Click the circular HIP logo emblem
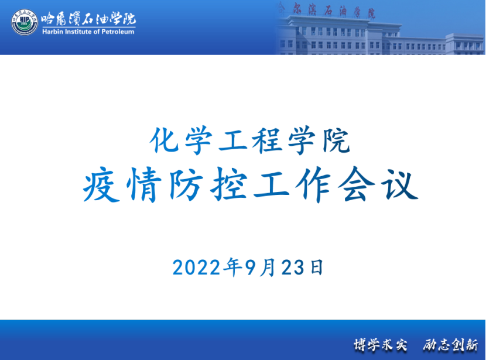[25, 22]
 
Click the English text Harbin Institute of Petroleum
[88, 32]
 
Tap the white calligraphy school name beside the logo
[88, 19]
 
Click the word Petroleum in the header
[118, 32]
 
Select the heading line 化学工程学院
[250, 141]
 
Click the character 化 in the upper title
[165, 140]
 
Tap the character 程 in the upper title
[267, 141]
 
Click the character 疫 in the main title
[101, 185]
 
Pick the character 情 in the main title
[144, 185]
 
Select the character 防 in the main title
[186, 185]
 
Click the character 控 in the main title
[229, 185]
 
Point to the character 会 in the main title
[357, 185]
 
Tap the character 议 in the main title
[400, 185]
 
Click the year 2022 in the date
[197, 268]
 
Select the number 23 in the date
[293, 268]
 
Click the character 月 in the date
[268, 268]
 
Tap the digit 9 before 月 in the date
[251, 268]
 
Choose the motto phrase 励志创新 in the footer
[450, 345]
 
